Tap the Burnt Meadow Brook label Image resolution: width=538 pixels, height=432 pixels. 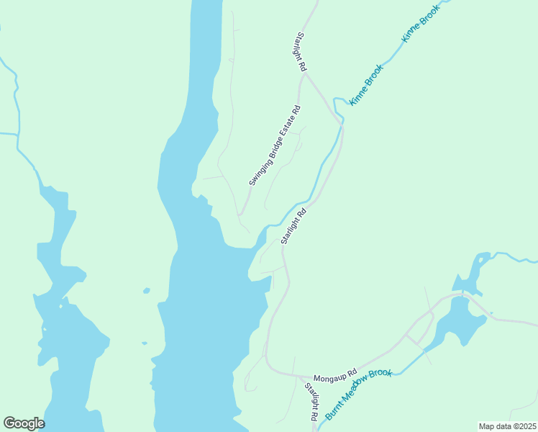pos(358,394)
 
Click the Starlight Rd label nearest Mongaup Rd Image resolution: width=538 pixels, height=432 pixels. pos(311,402)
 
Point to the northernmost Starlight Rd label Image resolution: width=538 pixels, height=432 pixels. pos(301,51)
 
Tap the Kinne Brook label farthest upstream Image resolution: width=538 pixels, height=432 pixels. pos(414,27)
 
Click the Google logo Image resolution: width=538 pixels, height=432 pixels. pos(24,423)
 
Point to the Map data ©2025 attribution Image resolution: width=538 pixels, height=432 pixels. pos(507,426)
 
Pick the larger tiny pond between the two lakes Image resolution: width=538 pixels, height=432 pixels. pos(147,291)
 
